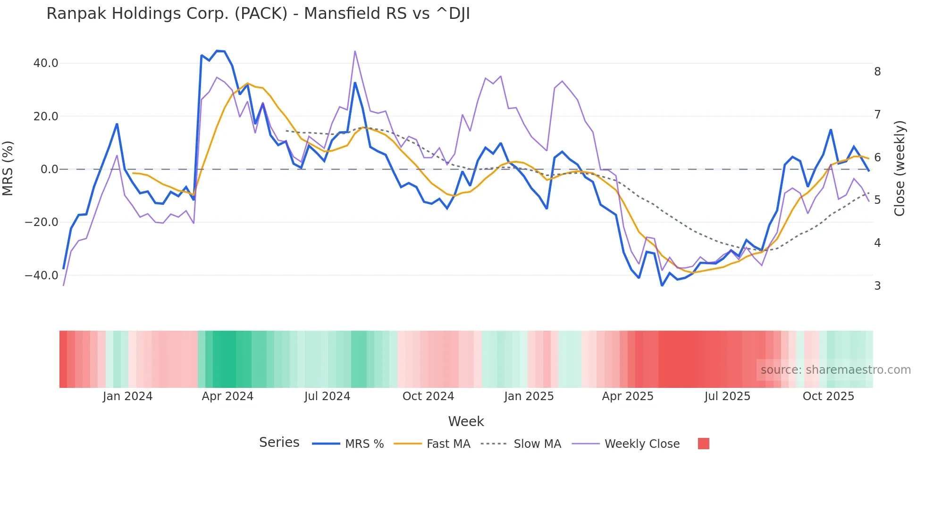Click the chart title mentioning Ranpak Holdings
[258, 14]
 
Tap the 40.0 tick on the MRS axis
[46, 63]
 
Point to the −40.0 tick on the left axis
[42, 275]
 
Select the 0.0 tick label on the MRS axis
[50, 169]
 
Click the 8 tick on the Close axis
[877, 72]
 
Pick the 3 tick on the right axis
[877, 286]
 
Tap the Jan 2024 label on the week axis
[127, 396]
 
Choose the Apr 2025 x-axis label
[628, 396]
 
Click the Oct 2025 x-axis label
[828, 396]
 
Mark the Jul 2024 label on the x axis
[327, 396]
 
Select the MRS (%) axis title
[8, 168]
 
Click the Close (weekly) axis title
[900, 168]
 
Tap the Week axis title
[466, 421]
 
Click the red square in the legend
[703, 444]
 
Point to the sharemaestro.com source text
[835, 370]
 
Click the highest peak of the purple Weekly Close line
[355, 51]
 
